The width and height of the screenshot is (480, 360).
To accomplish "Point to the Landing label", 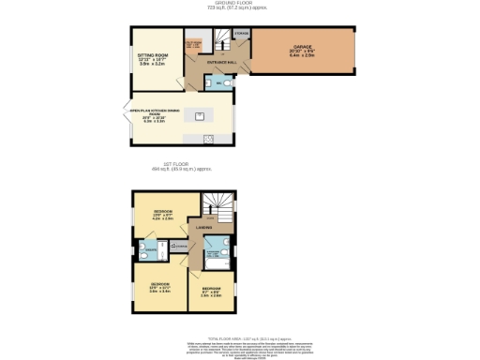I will (x=202, y=227).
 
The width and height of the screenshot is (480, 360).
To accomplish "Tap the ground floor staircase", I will (x=223, y=40).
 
